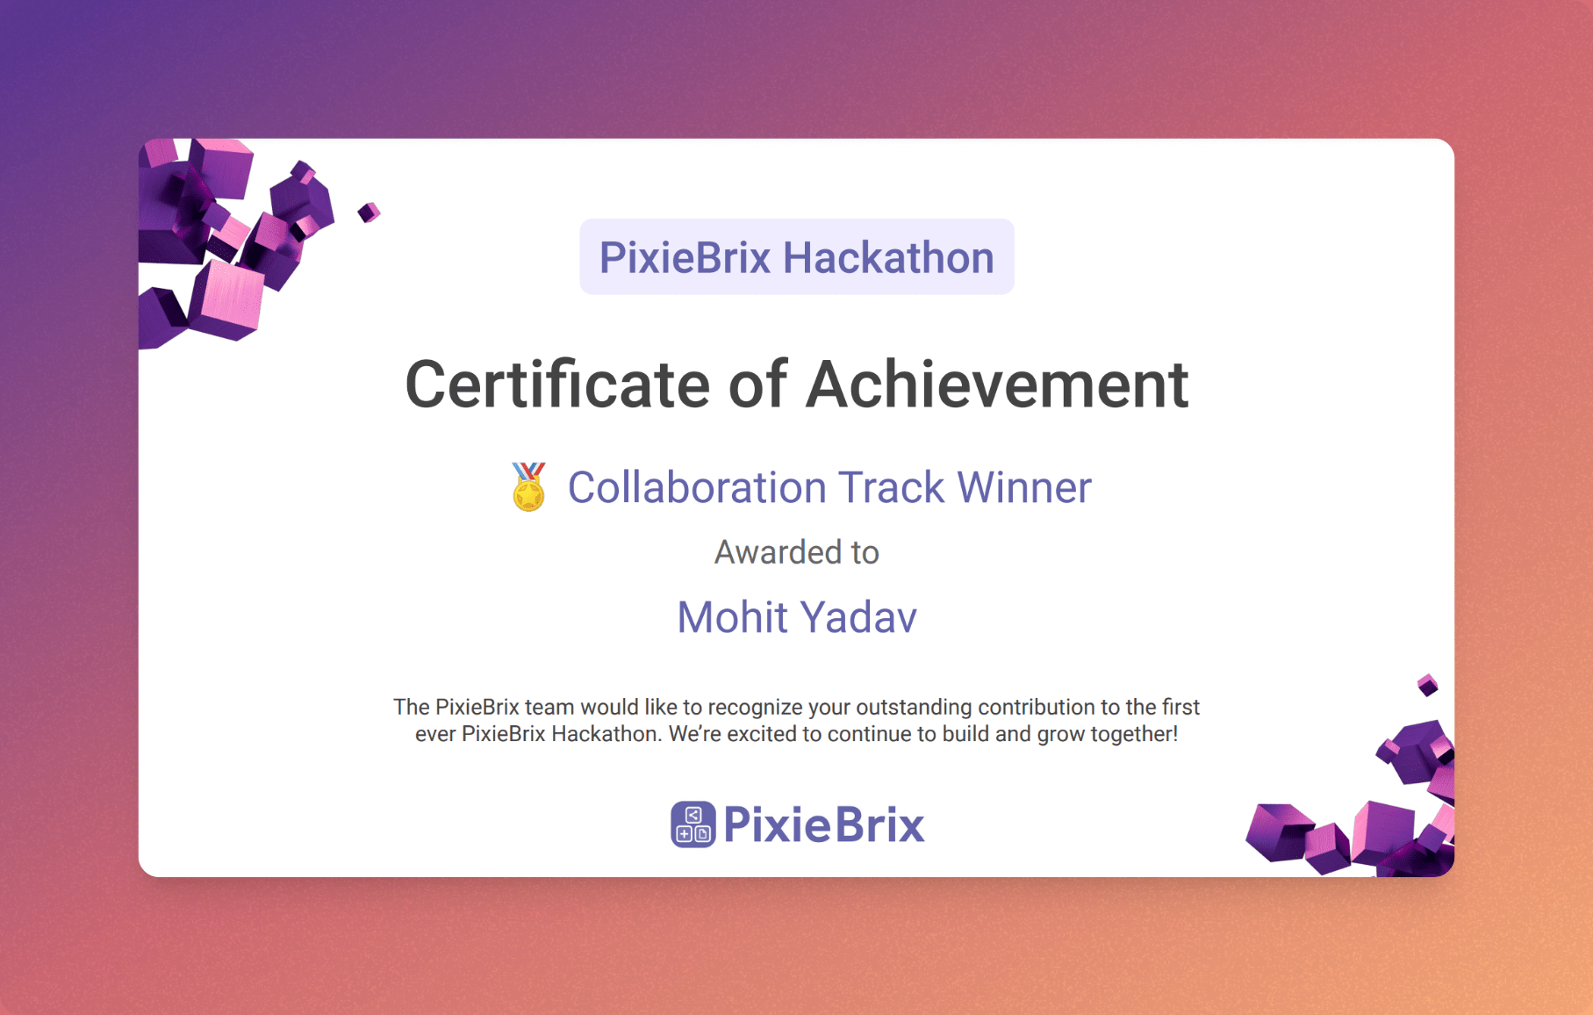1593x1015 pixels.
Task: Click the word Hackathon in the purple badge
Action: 888,257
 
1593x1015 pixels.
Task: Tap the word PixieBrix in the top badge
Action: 685,257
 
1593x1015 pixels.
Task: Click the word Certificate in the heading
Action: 557,385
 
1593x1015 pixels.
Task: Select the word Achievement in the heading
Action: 997,385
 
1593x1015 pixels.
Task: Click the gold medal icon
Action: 528,486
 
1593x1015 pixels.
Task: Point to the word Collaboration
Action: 697,487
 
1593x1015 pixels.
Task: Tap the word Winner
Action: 1024,487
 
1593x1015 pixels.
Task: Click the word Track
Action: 891,487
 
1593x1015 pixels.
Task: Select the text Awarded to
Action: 797,552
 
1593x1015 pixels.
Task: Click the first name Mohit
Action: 732,617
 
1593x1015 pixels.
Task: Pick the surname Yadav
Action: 858,617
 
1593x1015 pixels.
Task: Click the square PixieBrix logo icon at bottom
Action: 693,824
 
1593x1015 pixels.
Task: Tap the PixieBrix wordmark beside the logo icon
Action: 824,824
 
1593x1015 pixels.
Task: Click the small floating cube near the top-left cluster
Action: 369,212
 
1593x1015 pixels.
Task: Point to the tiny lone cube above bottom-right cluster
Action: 1428,685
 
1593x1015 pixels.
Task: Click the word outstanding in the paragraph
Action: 914,708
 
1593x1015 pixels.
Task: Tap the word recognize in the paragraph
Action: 755,708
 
